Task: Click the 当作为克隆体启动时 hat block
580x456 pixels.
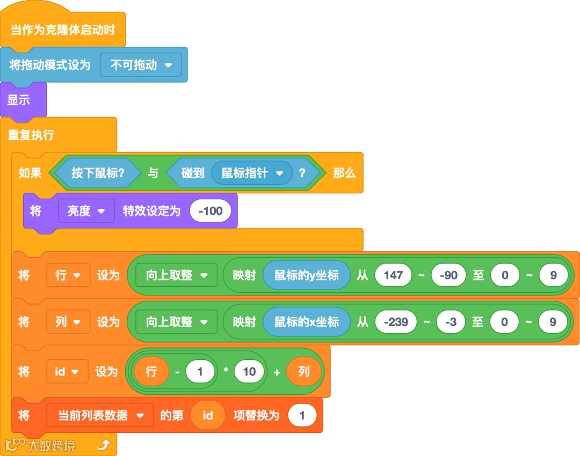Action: (x=63, y=30)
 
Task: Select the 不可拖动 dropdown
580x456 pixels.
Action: (x=141, y=65)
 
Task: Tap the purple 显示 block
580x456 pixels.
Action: (x=19, y=100)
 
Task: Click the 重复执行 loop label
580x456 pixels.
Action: (x=31, y=135)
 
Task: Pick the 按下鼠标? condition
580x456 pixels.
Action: (x=98, y=173)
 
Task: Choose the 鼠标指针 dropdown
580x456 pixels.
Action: (x=251, y=173)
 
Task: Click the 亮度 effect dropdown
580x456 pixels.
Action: (x=86, y=211)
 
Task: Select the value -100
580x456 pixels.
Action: (x=211, y=211)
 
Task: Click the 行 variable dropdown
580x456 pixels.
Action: (x=68, y=276)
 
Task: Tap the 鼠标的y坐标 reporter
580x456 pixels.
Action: (x=307, y=276)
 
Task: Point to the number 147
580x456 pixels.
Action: (x=393, y=276)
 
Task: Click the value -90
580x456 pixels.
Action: (x=448, y=276)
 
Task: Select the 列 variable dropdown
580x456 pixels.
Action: (x=68, y=322)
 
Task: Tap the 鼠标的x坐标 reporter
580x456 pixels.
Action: (x=307, y=322)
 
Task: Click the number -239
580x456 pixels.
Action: (x=396, y=322)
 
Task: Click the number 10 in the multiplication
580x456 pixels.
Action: (x=249, y=371)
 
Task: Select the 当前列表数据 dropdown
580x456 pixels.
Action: (x=100, y=415)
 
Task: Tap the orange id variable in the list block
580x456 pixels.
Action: (x=208, y=415)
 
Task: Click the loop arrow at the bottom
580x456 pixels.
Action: (x=104, y=444)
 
